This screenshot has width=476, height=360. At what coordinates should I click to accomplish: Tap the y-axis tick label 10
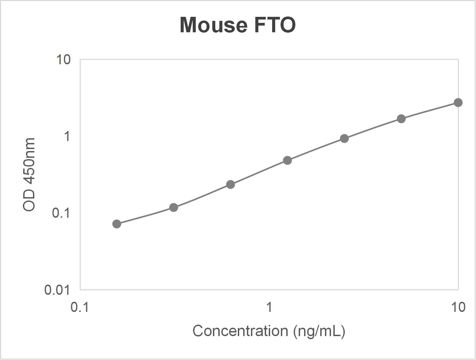tap(63, 60)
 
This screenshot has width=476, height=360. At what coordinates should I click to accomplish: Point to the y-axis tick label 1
tap(67, 136)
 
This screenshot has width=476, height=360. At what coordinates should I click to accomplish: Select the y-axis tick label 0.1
tap(61, 213)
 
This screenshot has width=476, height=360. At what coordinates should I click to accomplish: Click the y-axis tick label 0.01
tap(57, 290)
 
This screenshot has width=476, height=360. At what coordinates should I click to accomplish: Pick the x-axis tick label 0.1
tap(80, 307)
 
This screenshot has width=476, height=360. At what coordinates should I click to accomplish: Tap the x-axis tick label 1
tap(269, 307)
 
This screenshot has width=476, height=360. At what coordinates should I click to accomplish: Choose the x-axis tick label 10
tap(458, 307)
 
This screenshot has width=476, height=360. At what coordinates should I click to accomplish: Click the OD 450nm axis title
tap(29, 174)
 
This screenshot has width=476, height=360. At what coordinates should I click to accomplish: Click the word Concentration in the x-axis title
tap(240, 331)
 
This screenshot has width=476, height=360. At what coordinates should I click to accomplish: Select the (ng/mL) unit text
tap(319, 331)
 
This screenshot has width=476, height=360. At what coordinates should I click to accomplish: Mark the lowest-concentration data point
tap(117, 224)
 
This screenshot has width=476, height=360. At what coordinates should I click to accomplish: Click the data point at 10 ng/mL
tap(458, 103)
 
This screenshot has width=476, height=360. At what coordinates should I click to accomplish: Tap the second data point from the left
tap(174, 207)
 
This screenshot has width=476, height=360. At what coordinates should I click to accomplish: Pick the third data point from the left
tap(230, 184)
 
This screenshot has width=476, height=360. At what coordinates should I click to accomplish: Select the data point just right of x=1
tap(287, 160)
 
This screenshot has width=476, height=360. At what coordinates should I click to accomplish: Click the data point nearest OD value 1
tap(344, 139)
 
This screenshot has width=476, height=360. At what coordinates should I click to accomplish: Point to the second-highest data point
tap(401, 119)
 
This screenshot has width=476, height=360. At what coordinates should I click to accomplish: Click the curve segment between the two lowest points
tap(145, 216)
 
